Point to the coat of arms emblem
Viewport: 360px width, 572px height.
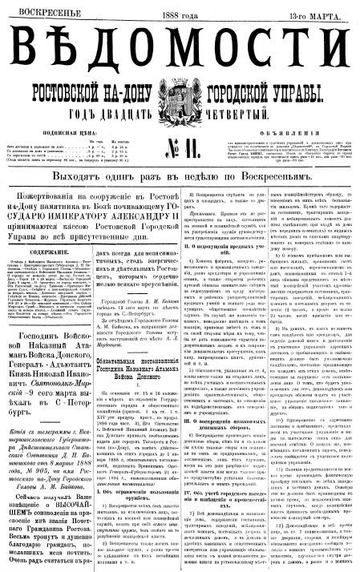[180, 102]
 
